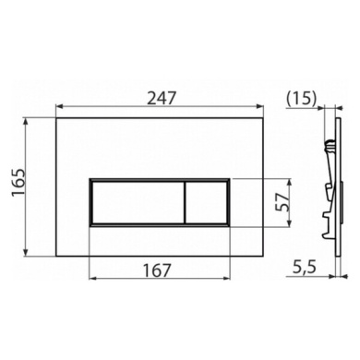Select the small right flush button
[206, 201]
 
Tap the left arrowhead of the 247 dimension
[57, 106]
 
